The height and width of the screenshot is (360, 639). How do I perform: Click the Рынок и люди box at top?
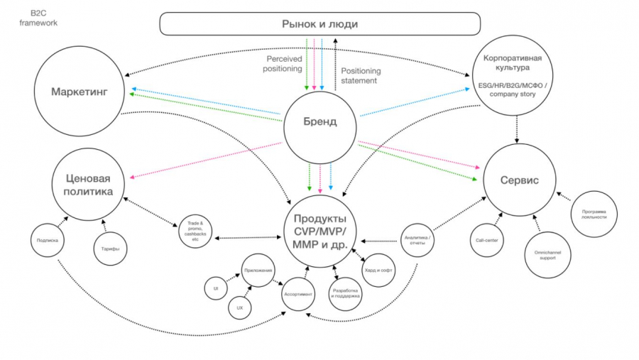[x=320, y=24]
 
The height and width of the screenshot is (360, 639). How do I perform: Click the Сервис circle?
[x=518, y=180]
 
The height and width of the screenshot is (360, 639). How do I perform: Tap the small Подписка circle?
[x=48, y=240]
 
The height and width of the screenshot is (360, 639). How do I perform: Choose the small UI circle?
[x=214, y=288]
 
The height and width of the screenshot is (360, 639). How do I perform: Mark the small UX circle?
[x=240, y=309]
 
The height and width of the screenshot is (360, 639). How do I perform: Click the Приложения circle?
[x=258, y=270]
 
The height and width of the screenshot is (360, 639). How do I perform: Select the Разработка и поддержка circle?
[x=346, y=291]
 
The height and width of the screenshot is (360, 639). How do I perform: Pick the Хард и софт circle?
[x=379, y=270]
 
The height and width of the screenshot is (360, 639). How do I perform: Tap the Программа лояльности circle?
[x=593, y=212]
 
